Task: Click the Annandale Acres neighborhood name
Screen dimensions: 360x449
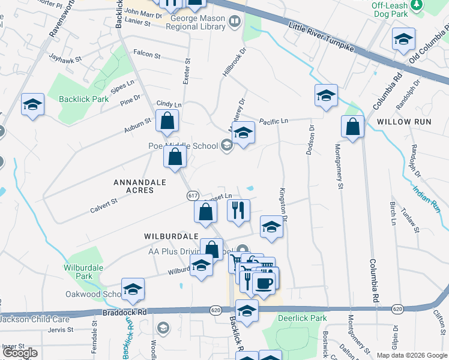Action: pos(134,185)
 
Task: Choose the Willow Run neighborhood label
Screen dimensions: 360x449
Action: pos(404,122)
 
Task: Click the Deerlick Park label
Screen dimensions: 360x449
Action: pos(305,318)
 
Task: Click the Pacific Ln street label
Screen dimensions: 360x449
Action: pos(274,121)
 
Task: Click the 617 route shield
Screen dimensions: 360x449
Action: pos(193,196)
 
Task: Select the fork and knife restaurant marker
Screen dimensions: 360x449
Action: pos(238,210)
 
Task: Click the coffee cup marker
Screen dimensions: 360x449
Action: pos(264,282)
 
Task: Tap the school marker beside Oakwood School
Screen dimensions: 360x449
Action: pos(133,290)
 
